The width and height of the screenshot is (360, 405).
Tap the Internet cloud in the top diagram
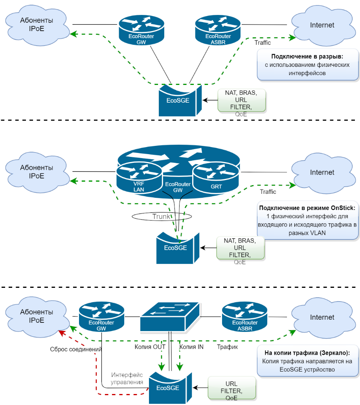point(322,25)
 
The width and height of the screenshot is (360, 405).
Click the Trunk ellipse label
point(162,216)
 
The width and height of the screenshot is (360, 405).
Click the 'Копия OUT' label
point(150,347)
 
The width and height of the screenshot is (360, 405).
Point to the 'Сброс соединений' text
point(76,349)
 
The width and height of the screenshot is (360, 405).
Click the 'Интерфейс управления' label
point(127,378)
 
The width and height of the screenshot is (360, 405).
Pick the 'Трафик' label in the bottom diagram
point(228,347)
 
